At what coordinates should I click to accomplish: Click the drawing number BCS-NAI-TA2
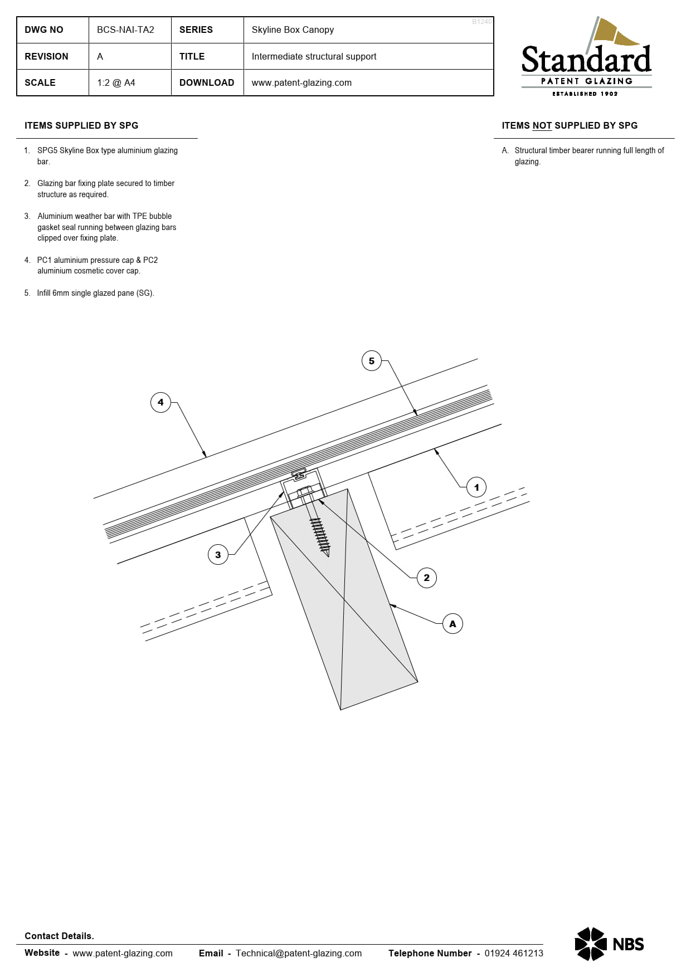point(125,30)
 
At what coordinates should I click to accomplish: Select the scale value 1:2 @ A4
point(116,83)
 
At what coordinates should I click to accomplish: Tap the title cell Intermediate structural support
point(314,57)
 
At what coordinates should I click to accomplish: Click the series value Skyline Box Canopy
point(293,30)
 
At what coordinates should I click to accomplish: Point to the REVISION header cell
point(47,57)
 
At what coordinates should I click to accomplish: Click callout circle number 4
point(160,402)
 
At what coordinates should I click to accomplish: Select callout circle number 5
point(372,361)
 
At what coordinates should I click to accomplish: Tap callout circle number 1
point(476,487)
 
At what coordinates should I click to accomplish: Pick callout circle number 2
point(427,578)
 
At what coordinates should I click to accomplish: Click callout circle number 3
point(218,555)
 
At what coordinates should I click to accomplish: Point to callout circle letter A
point(452,624)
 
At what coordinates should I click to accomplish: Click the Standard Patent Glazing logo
point(586,58)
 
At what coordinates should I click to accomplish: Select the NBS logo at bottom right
point(609,944)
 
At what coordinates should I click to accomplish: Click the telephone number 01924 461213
point(513,953)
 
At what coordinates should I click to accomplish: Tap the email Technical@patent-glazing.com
point(299,953)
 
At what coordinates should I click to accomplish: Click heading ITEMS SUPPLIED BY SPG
point(81,126)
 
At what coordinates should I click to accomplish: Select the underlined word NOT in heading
point(542,126)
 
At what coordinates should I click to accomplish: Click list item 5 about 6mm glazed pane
point(95,293)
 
